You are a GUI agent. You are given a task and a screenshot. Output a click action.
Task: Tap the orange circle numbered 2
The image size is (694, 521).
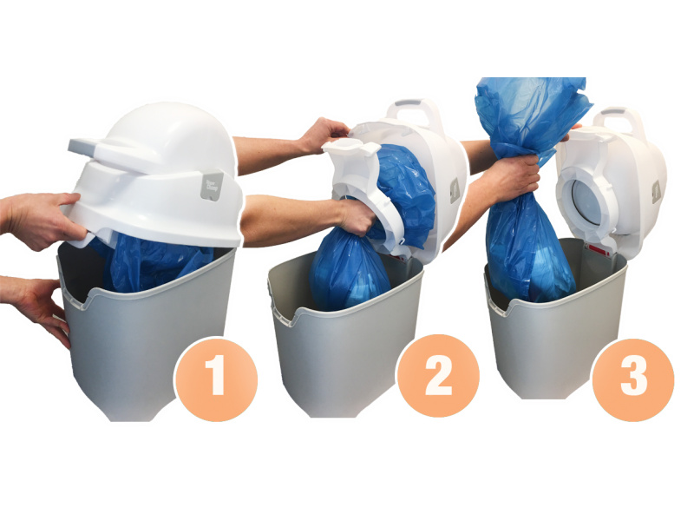(438, 376)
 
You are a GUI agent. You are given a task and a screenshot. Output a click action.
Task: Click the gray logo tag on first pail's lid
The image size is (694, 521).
(212, 186)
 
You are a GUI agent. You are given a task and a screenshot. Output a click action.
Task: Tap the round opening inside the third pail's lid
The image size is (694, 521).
(587, 202)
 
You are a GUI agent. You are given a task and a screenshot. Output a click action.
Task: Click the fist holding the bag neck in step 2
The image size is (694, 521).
(358, 217)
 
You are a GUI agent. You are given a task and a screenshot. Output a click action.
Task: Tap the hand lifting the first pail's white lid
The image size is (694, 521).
(41, 221)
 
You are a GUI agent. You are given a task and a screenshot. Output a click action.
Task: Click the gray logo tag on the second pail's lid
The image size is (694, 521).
(455, 191)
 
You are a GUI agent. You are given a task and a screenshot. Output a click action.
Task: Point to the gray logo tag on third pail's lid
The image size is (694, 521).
(657, 193)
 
